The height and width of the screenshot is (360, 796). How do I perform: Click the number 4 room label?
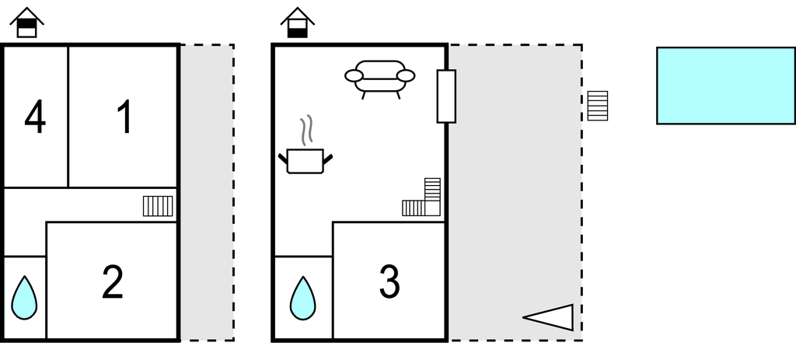[35, 119]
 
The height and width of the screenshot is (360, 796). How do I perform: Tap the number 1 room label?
[124, 118]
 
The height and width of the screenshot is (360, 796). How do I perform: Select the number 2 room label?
[113, 282]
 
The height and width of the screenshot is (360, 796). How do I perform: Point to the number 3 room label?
[389, 282]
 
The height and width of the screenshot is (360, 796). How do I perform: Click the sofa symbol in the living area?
[380, 77]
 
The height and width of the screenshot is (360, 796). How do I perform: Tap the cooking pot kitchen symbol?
[305, 160]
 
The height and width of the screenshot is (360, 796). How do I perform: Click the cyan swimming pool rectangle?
[725, 86]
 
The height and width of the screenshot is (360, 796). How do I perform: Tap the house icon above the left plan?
[27, 23]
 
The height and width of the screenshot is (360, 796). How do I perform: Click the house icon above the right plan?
[297, 23]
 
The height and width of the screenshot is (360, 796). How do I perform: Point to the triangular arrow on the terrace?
[550, 316]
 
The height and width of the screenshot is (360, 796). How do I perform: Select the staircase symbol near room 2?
[158, 206]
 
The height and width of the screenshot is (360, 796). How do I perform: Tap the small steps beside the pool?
[597, 106]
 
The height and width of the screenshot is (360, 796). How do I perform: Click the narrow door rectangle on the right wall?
[446, 96]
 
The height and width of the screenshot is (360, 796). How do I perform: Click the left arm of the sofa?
[354, 75]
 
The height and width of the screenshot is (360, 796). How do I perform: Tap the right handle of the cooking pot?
[328, 159]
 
